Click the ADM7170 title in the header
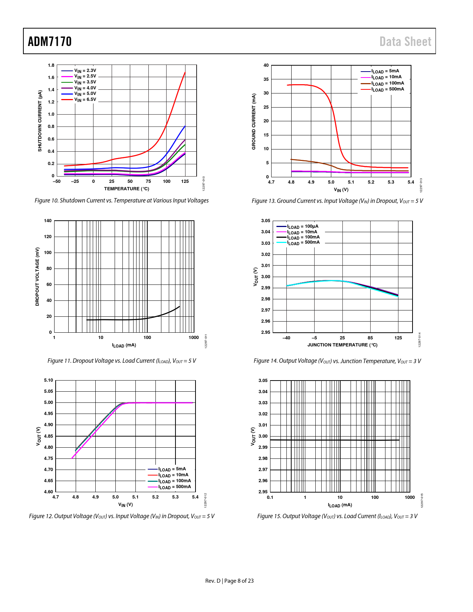tap(50, 42)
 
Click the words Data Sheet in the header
tap(405, 42)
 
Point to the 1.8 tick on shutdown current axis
tap(51, 65)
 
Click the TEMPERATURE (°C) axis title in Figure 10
tap(127, 189)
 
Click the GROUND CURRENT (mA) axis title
tap(254, 122)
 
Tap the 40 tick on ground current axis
tap(266, 65)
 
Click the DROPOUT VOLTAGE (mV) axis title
tap(37, 277)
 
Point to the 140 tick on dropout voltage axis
tap(48, 221)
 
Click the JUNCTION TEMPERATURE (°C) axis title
tap(342, 345)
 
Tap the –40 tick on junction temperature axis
tap(286, 338)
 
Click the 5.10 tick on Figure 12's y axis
tap(49, 380)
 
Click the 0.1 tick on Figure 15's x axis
tap(270, 497)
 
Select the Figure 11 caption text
tap(122, 361)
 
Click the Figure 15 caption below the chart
tap(337, 516)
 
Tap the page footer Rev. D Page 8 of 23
tap(229, 581)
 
